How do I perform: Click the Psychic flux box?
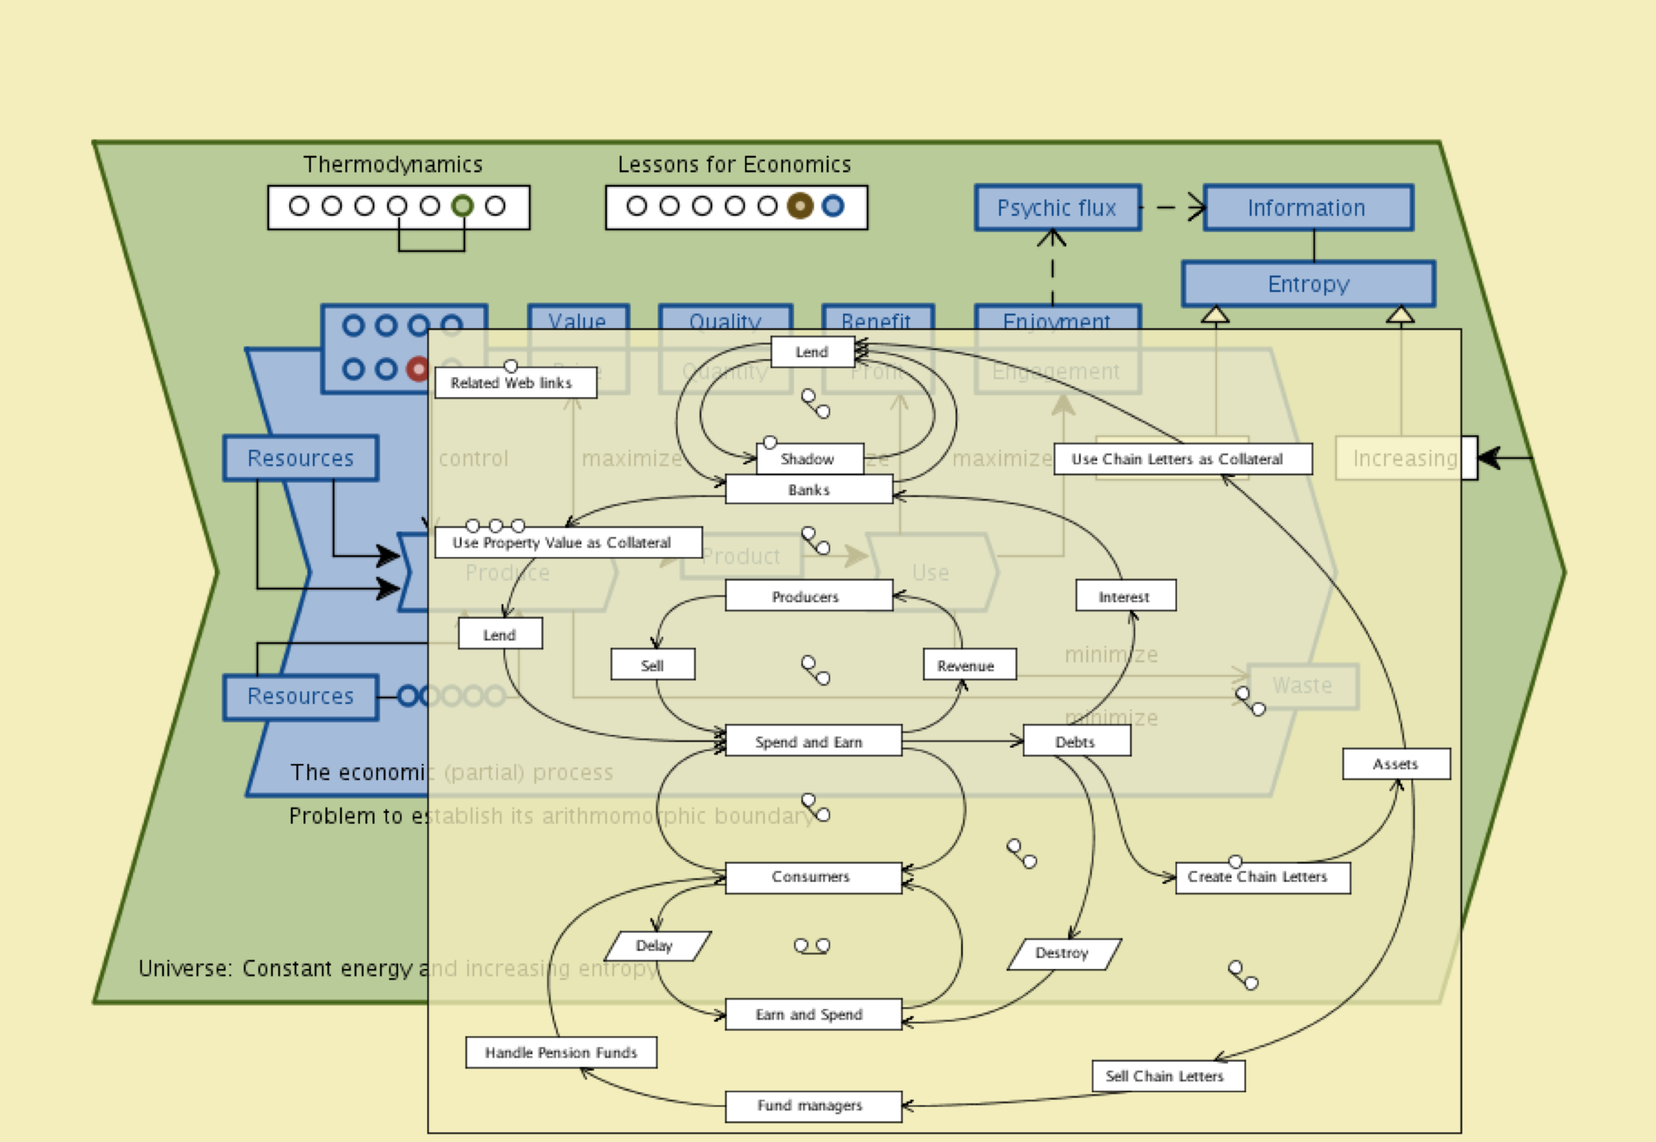tap(1057, 208)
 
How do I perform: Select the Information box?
tap(1308, 208)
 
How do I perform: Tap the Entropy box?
tap(1308, 284)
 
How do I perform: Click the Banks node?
tap(809, 490)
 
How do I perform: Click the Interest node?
tap(1125, 596)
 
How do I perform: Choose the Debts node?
tap(1077, 741)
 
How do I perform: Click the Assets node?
tap(1396, 764)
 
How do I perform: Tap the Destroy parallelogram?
tap(1063, 954)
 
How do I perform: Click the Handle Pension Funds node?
tap(561, 1053)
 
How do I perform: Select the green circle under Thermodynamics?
tap(462, 206)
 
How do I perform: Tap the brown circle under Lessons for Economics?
tap(800, 206)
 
